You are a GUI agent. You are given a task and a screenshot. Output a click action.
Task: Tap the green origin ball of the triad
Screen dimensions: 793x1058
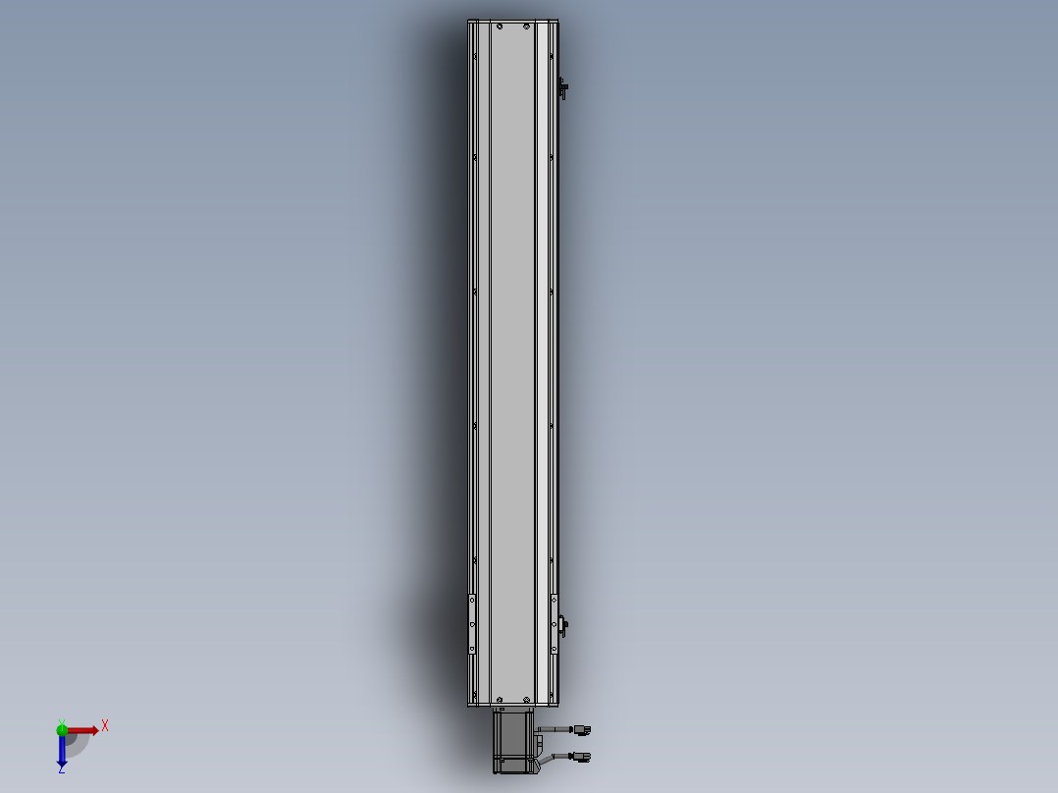pos(62,728)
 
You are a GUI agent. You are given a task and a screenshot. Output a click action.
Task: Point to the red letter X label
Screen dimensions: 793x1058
pos(105,725)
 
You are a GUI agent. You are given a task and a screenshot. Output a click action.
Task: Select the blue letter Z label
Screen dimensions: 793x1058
pos(61,770)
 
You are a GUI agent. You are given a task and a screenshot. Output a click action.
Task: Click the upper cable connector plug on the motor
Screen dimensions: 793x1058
pos(582,729)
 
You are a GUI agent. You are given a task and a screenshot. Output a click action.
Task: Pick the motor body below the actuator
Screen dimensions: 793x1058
pos(512,749)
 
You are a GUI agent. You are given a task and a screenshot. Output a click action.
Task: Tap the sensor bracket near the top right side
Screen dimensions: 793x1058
pos(563,89)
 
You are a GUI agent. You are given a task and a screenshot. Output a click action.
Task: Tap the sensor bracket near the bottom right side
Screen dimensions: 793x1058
pos(562,624)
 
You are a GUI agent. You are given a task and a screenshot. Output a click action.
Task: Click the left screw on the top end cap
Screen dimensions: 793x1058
pos(499,26)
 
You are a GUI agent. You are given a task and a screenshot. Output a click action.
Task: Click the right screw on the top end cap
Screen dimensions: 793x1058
pos(526,26)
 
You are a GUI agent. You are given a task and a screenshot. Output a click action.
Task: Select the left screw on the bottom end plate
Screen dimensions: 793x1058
pos(499,698)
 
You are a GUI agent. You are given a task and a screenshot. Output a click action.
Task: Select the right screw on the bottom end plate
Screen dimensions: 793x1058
pos(526,698)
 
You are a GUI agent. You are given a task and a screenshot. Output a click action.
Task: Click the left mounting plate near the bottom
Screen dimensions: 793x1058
pos(472,624)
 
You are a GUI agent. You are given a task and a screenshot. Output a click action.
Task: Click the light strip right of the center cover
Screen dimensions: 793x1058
pos(541,353)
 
